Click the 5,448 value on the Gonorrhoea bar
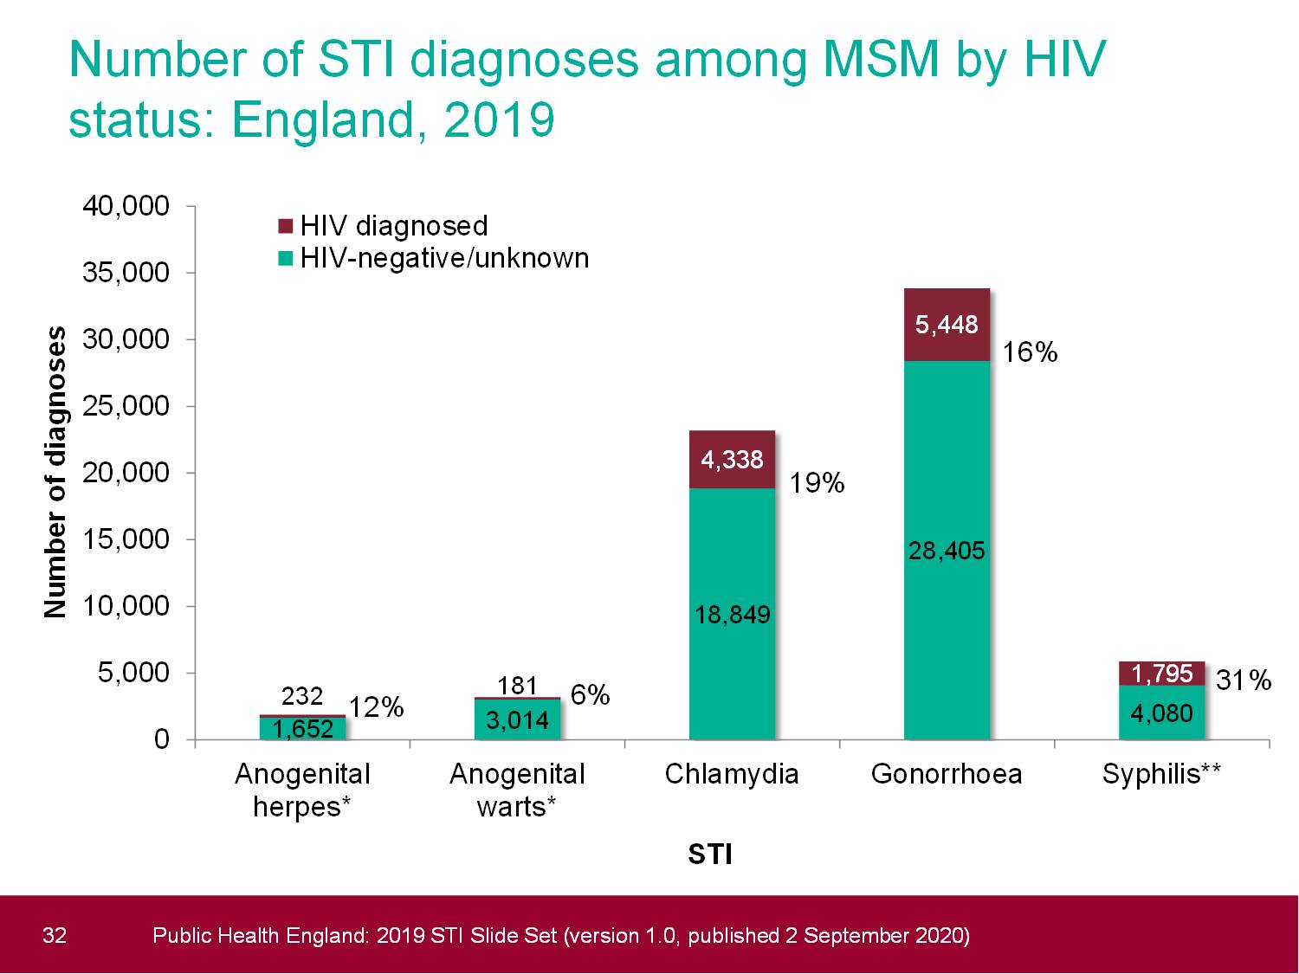tap(947, 325)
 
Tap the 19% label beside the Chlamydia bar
tap(817, 483)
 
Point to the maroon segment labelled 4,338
tap(732, 460)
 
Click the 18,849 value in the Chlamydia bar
tap(732, 615)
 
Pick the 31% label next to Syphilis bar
tap(1244, 681)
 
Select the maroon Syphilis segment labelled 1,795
tap(1161, 674)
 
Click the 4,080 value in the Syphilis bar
tap(1161, 713)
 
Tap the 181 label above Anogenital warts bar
tap(518, 686)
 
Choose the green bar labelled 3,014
tap(518, 720)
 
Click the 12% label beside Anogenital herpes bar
tap(377, 707)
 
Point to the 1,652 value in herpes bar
tap(302, 730)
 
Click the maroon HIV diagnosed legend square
tap(286, 227)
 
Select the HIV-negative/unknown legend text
tap(444, 258)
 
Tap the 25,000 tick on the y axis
tap(126, 406)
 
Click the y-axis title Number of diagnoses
tap(55, 472)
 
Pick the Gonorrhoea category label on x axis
tap(947, 773)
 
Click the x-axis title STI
tap(709, 855)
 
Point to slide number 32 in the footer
tap(54, 935)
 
